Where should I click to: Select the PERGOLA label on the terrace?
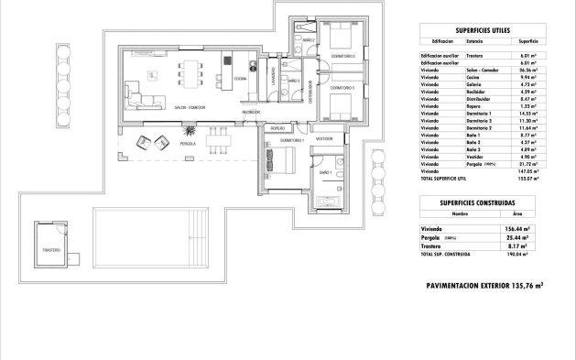coord(188,145)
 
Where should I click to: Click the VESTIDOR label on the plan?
coord(323,138)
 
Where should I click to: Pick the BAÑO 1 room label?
coord(325,172)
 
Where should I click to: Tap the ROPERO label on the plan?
coord(277,128)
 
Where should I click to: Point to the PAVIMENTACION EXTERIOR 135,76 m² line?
coord(484,285)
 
